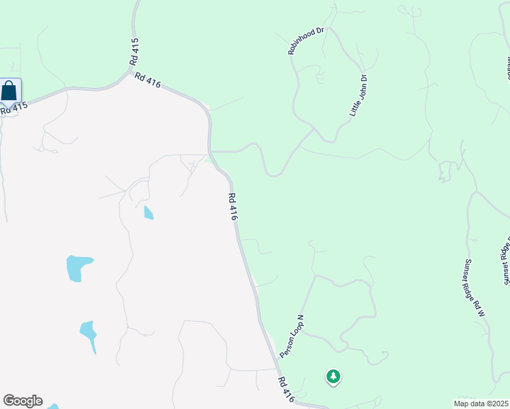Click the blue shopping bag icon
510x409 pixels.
click(x=10, y=91)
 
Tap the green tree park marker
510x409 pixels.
click(x=333, y=376)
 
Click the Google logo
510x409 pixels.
click(x=22, y=401)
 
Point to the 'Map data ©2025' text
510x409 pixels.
click(x=481, y=404)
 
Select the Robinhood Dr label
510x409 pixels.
click(x=309, y=41)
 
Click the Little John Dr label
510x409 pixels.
click(x=359, y=95)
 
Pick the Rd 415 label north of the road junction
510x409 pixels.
click(x=135, y=52)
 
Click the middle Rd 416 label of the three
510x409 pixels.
click(x=233, y=207)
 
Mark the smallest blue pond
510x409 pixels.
click(x=149, y=213)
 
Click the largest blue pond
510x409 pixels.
click(x=77, y=267)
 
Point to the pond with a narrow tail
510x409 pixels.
click(x=89, y=333)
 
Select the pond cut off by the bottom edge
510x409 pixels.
click(x=52, y=406)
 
